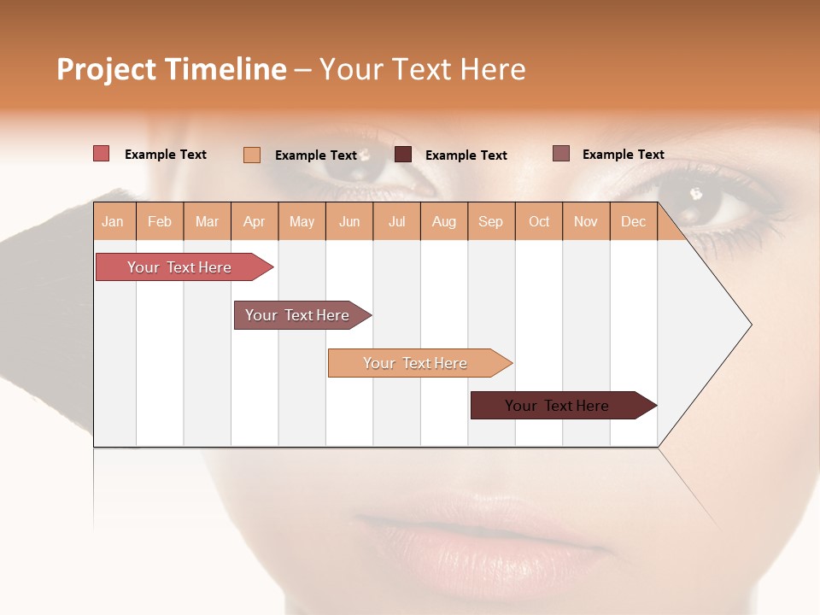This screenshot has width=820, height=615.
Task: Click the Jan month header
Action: (x=113, y=222)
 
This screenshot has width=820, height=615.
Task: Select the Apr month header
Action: (x=255, y=222)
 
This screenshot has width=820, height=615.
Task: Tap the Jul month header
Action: (x=396, y=222)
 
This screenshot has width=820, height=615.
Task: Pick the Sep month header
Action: (x=490, y=222)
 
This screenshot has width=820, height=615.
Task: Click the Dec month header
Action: (x=633, y=222)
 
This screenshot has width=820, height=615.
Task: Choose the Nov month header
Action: (x=586, y=222)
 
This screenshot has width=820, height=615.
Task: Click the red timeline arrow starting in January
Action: (x=179, y=267)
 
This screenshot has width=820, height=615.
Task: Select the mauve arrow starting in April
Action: (x=297, y=315)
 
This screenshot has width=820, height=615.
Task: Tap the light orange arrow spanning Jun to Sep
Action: (x=415, y=363)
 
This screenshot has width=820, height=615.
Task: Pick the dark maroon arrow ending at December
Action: (x=557, y=406)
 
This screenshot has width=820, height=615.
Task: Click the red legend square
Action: (x=102, y=154)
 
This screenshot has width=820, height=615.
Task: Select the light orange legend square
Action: (x=252, y=155)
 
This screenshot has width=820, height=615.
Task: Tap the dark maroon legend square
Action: (x=403, y=155)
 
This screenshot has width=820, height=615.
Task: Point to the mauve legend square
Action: (x=561, y=154)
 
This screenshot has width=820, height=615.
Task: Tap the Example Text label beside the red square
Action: (x=166, y=155)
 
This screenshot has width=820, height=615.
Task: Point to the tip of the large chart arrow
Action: (x=750, y=324)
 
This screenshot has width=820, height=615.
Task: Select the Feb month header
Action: (x=160, y=222)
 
